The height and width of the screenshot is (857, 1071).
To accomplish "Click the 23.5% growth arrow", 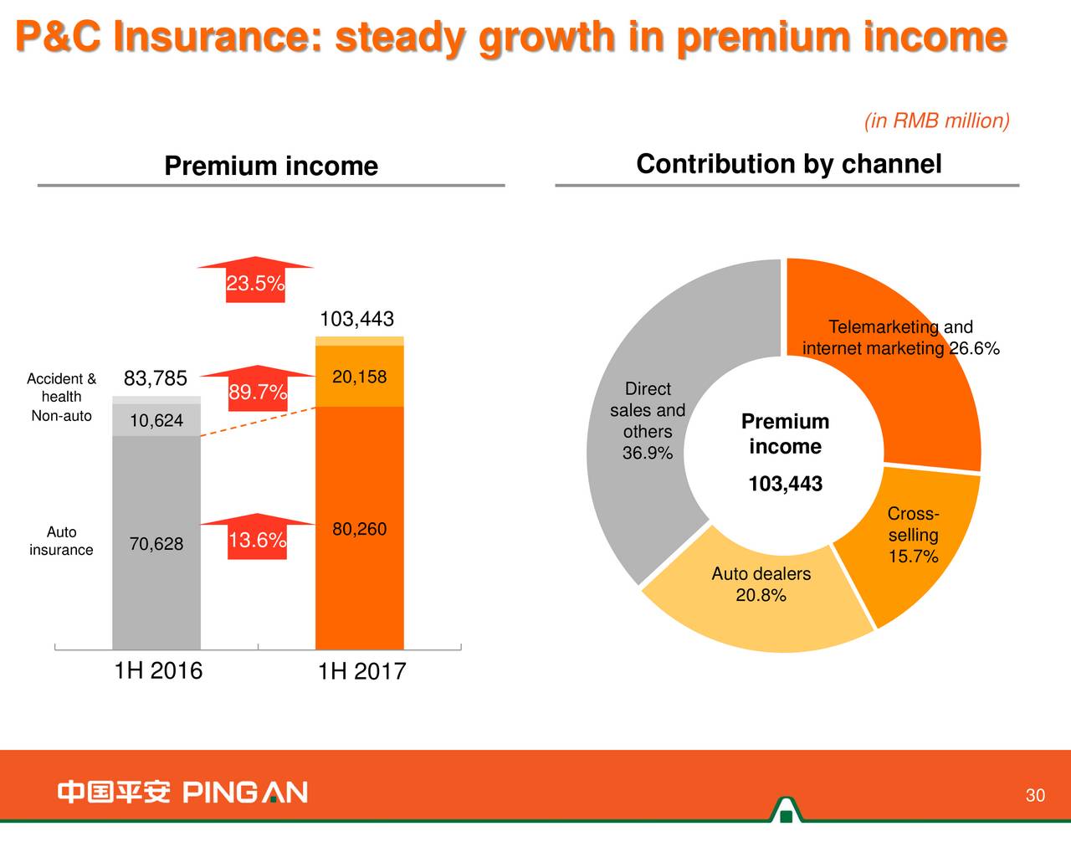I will [255, 281].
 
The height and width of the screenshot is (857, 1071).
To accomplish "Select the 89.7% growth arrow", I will [258, 390].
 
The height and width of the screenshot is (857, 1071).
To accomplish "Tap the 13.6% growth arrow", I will [258, 537].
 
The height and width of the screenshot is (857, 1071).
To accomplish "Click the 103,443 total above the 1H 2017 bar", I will [356, 319].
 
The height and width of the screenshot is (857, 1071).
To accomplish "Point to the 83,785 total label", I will [156, 379].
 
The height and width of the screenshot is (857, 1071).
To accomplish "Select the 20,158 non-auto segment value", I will [359, 377].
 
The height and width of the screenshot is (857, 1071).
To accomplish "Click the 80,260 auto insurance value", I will [359, 529].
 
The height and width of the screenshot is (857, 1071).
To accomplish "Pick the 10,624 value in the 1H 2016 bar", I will [156, 420].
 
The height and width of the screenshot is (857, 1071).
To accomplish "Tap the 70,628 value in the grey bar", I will [156, 544].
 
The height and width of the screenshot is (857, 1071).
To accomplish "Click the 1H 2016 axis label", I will [158, 670].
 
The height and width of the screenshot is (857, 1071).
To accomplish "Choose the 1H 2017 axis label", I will [361, 671].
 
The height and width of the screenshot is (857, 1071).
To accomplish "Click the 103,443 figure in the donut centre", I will [785, 484].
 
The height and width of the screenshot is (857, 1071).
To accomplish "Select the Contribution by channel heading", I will [788, 164].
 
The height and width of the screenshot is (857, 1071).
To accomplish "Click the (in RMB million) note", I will [936, 121].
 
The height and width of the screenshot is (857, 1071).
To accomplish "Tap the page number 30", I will [1035, 795].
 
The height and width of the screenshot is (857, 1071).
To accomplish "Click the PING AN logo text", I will [244, 792].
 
